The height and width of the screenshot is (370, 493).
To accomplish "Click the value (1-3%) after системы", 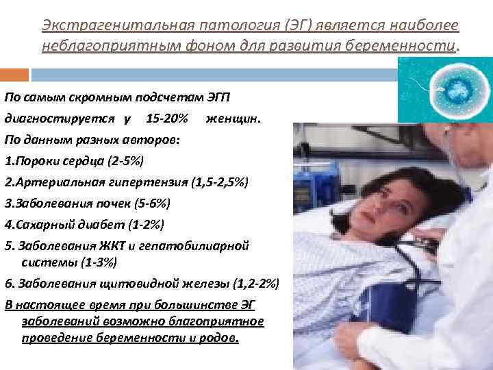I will [x=97, y=262].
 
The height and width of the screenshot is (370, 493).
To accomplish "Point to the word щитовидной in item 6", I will [x=130, y=283].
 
